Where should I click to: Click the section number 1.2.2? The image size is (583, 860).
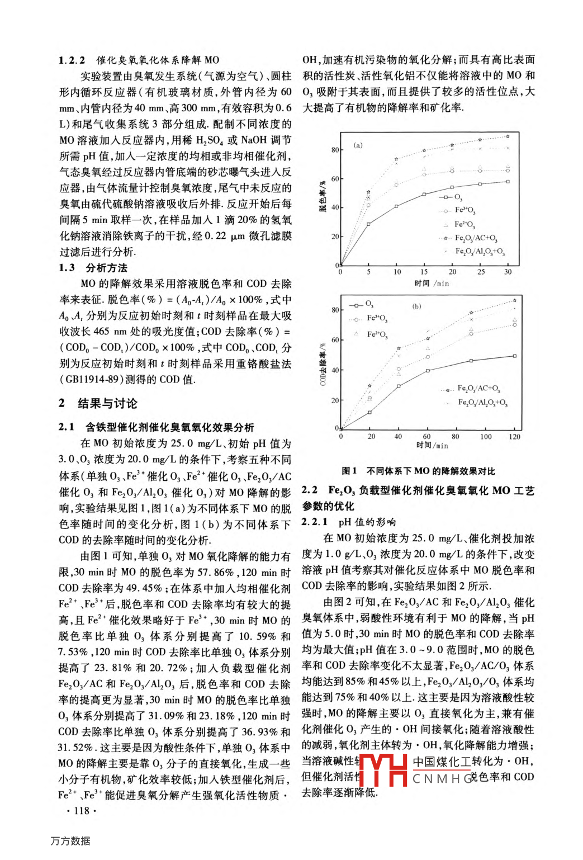click(x=72, y=60)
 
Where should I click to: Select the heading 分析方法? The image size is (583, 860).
click(x=106, y=268)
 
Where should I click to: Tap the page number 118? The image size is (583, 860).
click(x=81, y=811)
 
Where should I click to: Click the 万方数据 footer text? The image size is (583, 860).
click(x=70, y=841)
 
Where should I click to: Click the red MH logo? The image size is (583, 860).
click(x=383, y=770)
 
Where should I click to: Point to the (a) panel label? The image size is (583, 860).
click(x=358, y=145)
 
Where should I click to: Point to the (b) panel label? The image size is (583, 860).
click(x=416, y=306)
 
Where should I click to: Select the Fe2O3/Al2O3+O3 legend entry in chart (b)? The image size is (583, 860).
click(x=482, y=403)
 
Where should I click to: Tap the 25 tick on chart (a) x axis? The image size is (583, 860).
click(x=481, y=272)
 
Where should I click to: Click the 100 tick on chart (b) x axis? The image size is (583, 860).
click(x=486, y=437)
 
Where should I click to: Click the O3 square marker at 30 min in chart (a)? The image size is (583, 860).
click(x=508, y=182)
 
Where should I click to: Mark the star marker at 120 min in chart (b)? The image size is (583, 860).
click(x=514, y=301)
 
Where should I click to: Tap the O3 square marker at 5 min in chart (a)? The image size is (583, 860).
click(x=368, y=224)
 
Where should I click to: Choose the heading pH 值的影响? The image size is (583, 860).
click(x=367, y=522)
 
